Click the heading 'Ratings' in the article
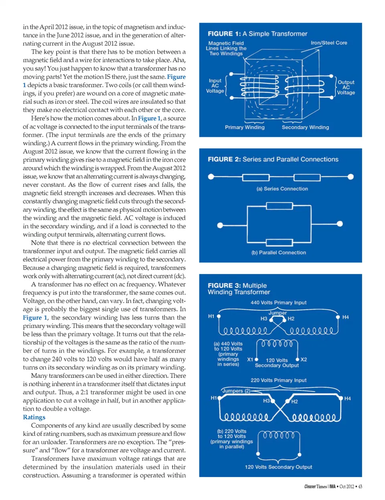[x=34, y=417]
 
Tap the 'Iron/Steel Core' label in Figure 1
[x=329, y=43]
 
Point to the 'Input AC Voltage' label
[x=215, y=86]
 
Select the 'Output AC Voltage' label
[x=346, y=87]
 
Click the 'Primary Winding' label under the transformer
[x=245, y=127]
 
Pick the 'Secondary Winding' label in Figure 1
[x=305, y=127]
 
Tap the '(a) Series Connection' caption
[x=282, y=189]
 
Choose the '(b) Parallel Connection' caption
[x=279, y=253]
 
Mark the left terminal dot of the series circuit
[x=211, y=177]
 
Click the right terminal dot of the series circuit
[x=351, y=177]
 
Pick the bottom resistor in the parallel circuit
[x=279, y=242]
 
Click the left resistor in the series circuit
[x=256, y=177]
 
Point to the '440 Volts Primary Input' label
[x=278, y=303]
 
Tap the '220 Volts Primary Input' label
[x=278, y=380]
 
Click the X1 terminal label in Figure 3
[x=250, y=360]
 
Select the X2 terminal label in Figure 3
[x=304, y=359]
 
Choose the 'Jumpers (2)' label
[x=236, y=391]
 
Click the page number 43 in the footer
[x=360, y=487]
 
